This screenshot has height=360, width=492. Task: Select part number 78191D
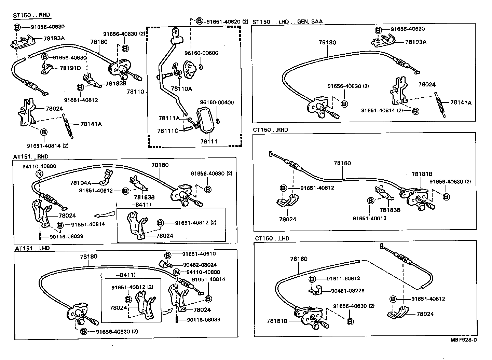click(70, 68)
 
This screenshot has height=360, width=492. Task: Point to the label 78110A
click(181, 89)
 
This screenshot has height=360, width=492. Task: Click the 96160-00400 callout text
click(217, 102)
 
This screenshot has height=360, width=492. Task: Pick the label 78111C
click(168, 131)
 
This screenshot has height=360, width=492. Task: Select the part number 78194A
click(81, 183)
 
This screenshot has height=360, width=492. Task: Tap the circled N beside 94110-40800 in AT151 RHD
click(39, 174)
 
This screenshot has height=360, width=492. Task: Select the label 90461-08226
click(347, 291)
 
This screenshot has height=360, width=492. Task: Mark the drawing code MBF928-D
click(463, 340)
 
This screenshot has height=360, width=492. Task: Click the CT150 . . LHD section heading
click(272, 238)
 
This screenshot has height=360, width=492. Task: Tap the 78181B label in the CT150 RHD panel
click(422, 174)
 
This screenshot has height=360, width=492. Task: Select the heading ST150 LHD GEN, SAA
click(287, 22)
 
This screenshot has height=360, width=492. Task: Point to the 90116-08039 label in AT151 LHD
click(203, 320)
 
